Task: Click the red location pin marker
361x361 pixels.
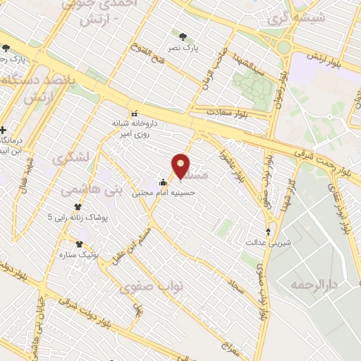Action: [181, 165]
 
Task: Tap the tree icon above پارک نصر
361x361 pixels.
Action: [184, 37]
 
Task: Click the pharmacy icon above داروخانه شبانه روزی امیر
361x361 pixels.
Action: [133, 113]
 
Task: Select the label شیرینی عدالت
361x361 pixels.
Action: [269, 242]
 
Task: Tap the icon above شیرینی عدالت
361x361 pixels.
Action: [268, 231]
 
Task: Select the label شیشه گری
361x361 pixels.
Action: [286, 16]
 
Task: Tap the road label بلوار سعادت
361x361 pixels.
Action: [229, 112]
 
